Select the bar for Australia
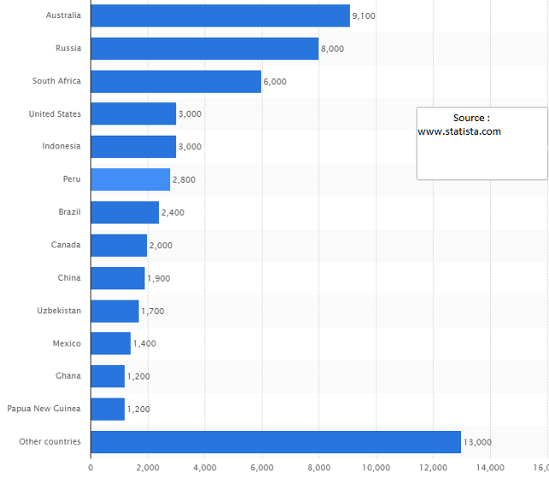tap(219, 15)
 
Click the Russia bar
tap(204, 49)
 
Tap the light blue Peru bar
tap(130, 179)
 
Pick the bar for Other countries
tap(275, 442)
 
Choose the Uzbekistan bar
tap(114, 311)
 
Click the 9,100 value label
tap(364, 16)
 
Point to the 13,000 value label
tap(477, 442)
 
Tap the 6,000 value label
tap(275, 82)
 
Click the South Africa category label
tap(56, 81)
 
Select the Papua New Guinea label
tap(44, 409)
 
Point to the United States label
tap(55, 113)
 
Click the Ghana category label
tap(67, 376)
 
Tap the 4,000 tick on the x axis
tap(205, 468)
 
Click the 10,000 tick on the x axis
tap(376, 468)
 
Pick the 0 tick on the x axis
tap(91, 468)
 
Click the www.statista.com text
tap(459, 131)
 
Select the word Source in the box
tap(469, 118)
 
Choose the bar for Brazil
tap(125, 212)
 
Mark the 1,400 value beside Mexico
tap(144, 344)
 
